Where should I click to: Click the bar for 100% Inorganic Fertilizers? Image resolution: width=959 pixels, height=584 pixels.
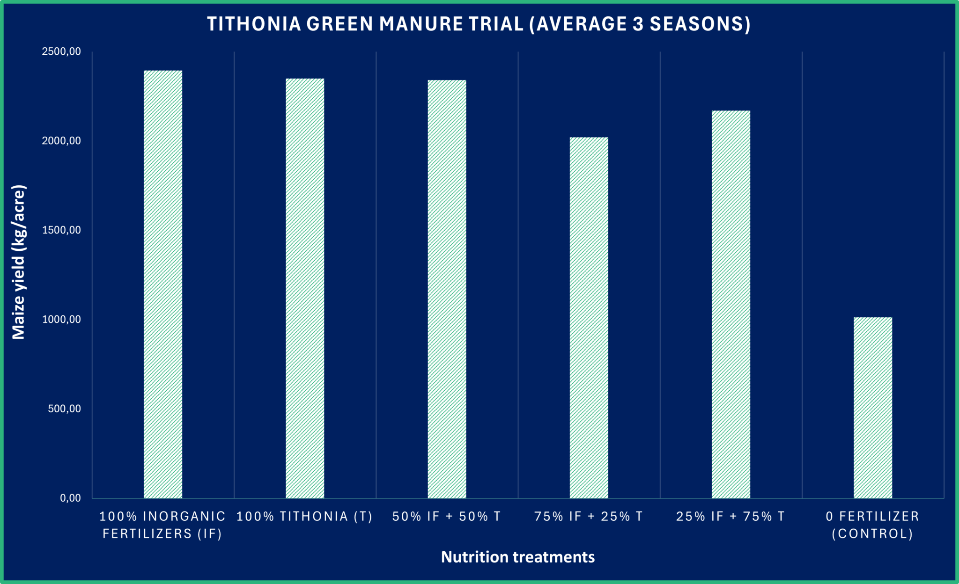(163, 284)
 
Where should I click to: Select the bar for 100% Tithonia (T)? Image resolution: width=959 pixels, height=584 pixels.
(305, 288)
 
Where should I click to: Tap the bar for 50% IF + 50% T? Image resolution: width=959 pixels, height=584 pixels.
(447, 289)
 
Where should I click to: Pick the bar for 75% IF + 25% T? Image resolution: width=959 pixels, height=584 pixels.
(589, 318)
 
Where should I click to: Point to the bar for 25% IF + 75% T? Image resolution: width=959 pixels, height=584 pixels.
(730, 304)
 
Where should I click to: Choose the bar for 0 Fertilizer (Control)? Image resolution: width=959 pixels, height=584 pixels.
(872, 408)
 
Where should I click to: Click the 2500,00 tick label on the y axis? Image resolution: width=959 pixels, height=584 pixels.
(61, 51)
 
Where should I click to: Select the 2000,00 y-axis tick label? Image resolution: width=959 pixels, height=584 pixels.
(61, 141)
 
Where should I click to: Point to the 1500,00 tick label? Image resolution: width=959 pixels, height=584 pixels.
(61, 230)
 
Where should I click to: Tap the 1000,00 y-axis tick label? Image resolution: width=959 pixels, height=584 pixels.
(61, 320)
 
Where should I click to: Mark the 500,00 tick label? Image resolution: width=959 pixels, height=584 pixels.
(64, 409)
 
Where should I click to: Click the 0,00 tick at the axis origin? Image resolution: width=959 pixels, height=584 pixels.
(70, 498)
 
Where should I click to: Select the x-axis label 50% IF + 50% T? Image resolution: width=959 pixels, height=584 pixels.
(447, 517)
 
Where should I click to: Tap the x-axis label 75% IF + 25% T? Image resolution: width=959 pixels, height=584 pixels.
(589, 517)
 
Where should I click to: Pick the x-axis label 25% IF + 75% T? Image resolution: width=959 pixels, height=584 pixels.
(730, 517)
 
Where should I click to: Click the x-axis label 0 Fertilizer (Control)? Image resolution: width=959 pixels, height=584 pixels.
(872, 525)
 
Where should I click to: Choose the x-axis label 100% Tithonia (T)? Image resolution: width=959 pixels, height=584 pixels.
(305, 517)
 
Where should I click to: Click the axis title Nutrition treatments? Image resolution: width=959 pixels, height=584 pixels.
(518, 557)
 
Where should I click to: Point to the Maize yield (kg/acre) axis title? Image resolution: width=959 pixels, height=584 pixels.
(19, 262)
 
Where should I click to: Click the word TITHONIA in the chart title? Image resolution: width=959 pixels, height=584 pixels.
(254, 24)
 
